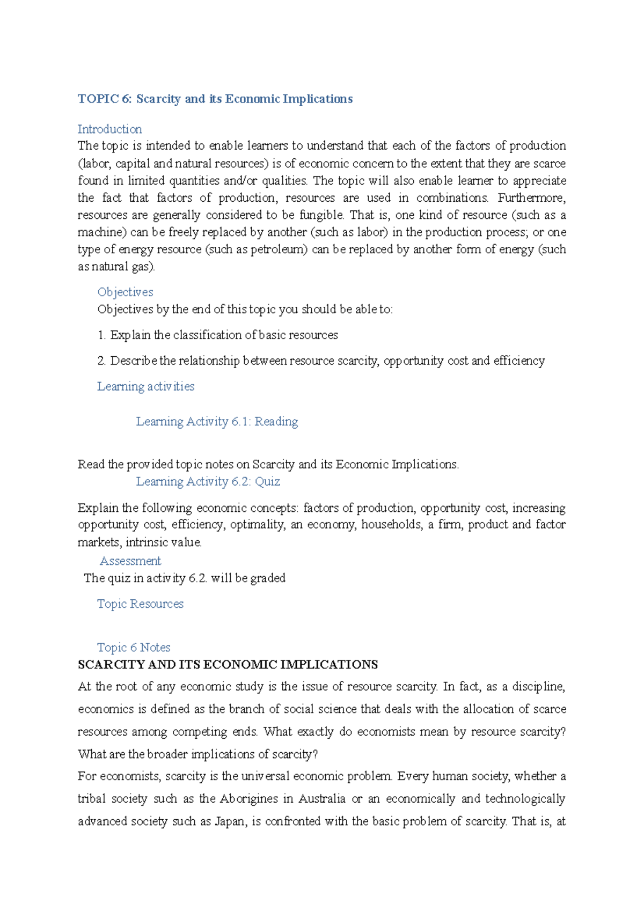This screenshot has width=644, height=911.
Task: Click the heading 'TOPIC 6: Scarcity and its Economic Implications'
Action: pos(215,99)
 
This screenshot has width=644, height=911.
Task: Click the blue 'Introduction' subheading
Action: pos(109,129)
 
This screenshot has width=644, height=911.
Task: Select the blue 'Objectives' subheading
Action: pos(125,292)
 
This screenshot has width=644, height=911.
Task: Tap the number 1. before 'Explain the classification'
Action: pos(102,335)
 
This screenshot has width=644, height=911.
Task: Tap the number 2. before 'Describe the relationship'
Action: pos(102,361)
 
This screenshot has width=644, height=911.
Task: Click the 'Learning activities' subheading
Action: pos(145,386)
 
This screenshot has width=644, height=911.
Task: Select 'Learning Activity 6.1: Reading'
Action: pos(217,422)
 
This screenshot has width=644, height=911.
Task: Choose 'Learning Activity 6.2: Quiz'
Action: pos(208,482)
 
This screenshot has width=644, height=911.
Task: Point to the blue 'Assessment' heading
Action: pos(130,561)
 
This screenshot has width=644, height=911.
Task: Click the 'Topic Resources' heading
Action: pos(140,604)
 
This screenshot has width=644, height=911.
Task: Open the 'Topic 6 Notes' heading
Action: pos(134,648)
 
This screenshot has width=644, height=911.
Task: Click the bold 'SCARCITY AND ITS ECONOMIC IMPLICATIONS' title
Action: pos(228,665)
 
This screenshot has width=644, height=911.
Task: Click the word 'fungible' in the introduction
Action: pos(321,215)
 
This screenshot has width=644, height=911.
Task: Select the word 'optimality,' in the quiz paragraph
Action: pos(257,525)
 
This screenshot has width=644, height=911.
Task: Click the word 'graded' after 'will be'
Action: pos(268,578)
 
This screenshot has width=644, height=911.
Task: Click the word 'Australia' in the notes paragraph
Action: pos(322,799)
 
